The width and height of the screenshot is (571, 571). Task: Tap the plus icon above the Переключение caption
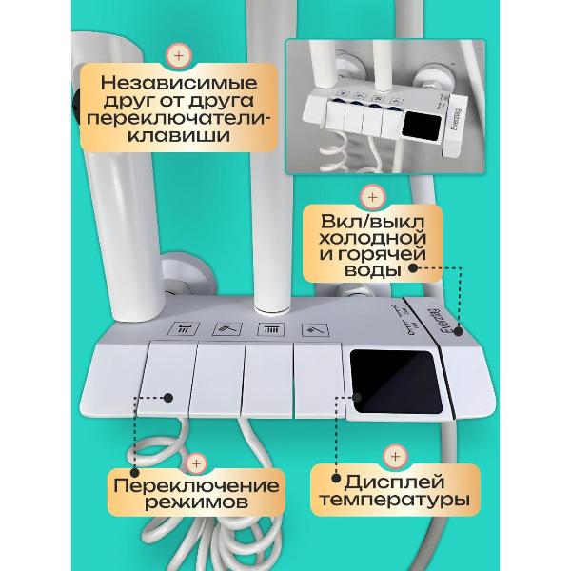pyautogui.click(x=196, y=462)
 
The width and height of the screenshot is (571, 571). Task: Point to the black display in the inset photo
pyautogui.click(x=419, y=123)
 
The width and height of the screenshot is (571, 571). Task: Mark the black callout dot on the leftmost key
pyautogui.click(x=168, y=398)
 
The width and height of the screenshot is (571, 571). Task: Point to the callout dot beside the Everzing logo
pyautogui.click(x=458, y=332)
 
